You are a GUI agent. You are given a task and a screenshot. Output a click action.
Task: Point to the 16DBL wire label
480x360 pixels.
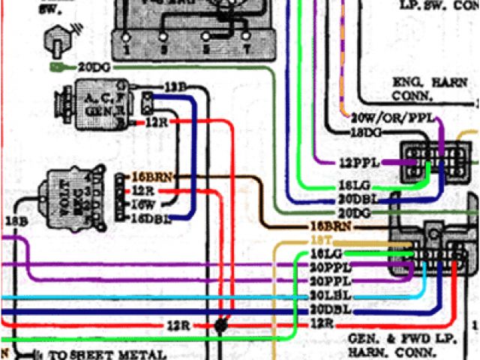(151, 217)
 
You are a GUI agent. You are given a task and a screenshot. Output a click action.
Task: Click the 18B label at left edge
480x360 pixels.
(16, 220)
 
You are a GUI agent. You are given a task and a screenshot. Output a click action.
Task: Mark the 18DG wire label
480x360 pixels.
(367, 132)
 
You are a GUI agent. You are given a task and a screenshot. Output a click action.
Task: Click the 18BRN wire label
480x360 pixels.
(331, 226)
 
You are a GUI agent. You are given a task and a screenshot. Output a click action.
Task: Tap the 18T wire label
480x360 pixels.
(317, 239)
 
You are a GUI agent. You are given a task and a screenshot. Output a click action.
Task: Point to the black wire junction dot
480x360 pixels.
(220, 325)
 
